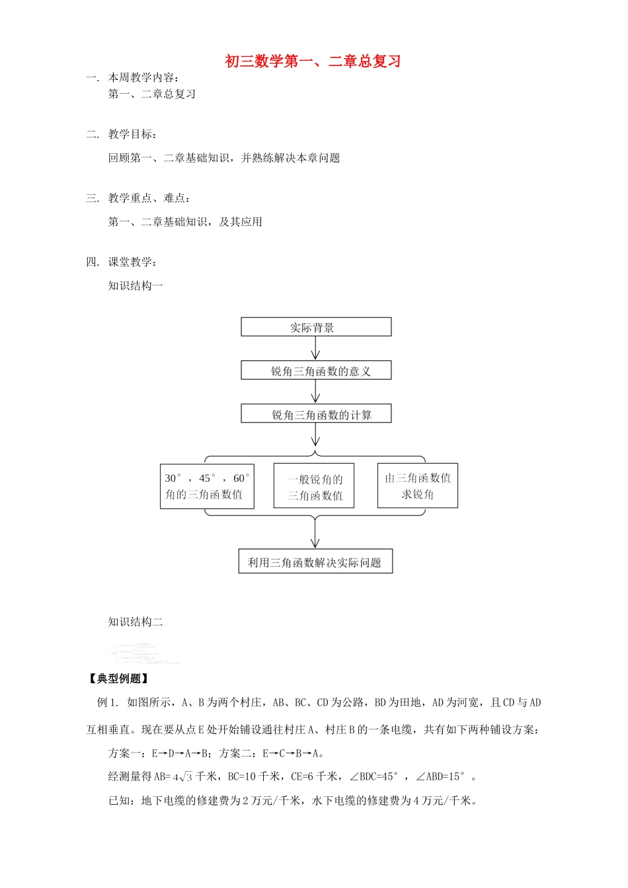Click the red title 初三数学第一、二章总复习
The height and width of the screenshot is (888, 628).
pyautogui.click(x=313, y=61)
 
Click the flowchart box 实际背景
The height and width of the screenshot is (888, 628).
pyautogui.click(x=316, y=327)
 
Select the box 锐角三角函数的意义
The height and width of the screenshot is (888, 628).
pyautogui.click(x=316, y=371)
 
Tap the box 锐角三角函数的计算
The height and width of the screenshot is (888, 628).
pyautogui.click(x=316, y=414)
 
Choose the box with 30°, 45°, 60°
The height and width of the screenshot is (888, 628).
pyautogui.click(x=207, y=486)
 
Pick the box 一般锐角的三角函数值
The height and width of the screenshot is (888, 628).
pyautogui.click(x=314, y=487)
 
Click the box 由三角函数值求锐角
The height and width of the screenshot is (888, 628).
pyautogui.click(x=418, y=486)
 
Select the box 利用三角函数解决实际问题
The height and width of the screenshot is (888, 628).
pyautogui.click(x=315, y=562)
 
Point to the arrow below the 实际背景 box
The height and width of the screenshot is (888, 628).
pyautogui.click(x=316, y=348)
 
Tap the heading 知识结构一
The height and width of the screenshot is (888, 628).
pyautogui.click(x=136, y=285)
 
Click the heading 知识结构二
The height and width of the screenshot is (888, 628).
pyautogui.click(x=136, y=622)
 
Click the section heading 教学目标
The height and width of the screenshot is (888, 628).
pyautogui.click(x=132, y=134)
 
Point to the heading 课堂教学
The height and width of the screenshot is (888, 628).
pyautogui.click(x=132, y=262)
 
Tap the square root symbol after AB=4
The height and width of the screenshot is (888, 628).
pyautogui.click(x=186, y=777)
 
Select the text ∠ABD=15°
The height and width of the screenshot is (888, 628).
pyautogui.click(x=441, y=777)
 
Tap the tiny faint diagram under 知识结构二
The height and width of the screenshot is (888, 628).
pyautogui.click(x=145, y=653)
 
